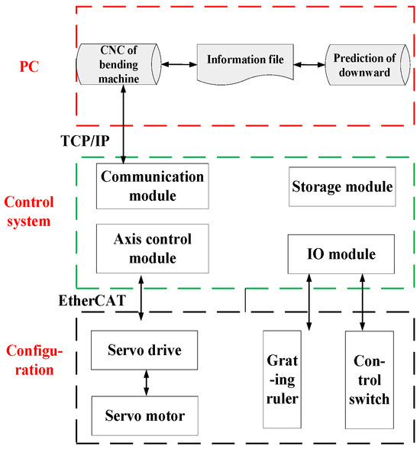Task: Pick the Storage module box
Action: (342, 187)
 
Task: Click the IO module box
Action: (342, 254)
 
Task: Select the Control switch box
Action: (368, 380)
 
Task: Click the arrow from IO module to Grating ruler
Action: (307, 302)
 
